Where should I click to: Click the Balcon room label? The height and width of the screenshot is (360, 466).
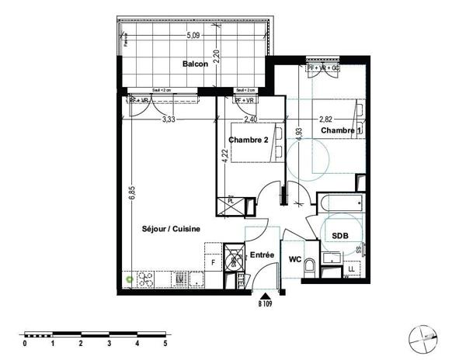click(195, 64)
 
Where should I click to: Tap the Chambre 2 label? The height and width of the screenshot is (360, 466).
click(249, 140)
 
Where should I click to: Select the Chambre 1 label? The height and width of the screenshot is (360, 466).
click(342, 131)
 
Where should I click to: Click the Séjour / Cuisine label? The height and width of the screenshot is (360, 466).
click(172, 229)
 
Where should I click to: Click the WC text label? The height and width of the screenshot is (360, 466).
click(295, 259)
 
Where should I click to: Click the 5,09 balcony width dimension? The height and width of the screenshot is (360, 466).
click(194, 35)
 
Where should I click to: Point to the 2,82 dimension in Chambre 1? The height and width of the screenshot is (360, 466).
click(329, 119)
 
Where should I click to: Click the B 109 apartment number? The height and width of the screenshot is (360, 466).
click(266, 305)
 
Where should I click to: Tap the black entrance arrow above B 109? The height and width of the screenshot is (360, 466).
click(266, 296)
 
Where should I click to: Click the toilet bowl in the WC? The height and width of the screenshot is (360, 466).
click(310, 268)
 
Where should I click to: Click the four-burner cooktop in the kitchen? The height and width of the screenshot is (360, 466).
click(146, 277)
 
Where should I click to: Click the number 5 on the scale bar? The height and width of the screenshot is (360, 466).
click(165, 342)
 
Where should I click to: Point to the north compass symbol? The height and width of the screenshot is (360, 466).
click(425, 335)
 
